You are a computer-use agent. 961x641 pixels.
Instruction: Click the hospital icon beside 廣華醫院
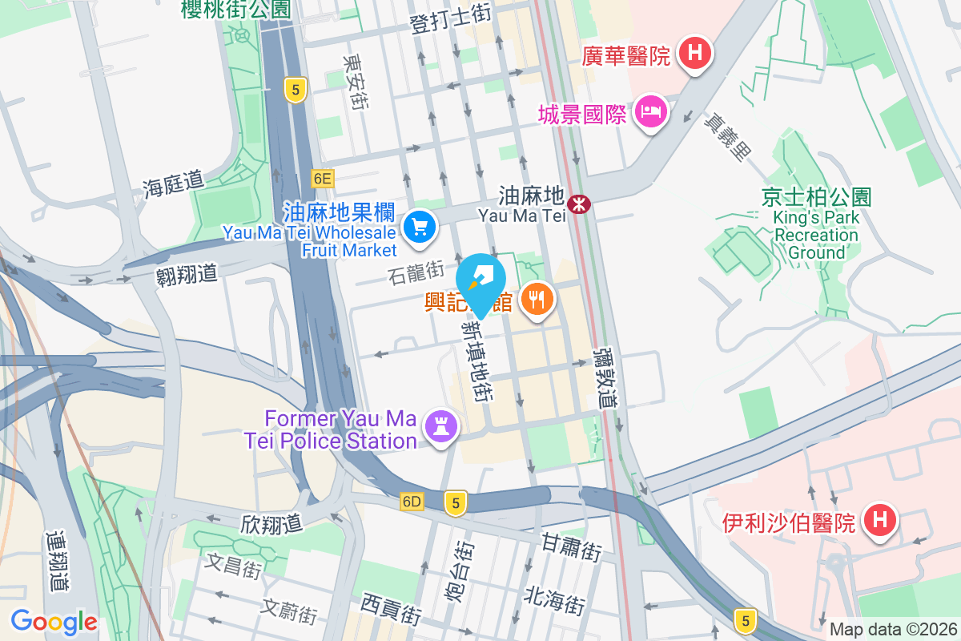click(x=694, y=54)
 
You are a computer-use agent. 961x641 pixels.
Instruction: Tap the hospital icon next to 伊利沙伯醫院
click(x=879, y=522)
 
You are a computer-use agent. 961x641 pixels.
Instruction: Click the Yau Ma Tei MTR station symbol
click(x=578, y=204)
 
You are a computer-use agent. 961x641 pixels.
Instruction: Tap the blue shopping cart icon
click(x=419, y=228)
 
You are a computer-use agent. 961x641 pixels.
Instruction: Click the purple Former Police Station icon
click(x=440, y=425)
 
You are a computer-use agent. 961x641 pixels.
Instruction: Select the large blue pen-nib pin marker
click(x=481, y=278)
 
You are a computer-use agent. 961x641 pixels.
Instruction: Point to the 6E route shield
click(x=322, y=179)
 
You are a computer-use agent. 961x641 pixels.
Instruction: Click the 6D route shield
click(x=412, y=502)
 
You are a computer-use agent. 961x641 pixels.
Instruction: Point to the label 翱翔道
click(x=186, y=274)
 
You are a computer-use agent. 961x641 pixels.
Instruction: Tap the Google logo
click(x=54, y=621)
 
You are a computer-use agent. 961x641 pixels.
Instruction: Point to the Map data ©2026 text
click(x=892, y=629)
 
